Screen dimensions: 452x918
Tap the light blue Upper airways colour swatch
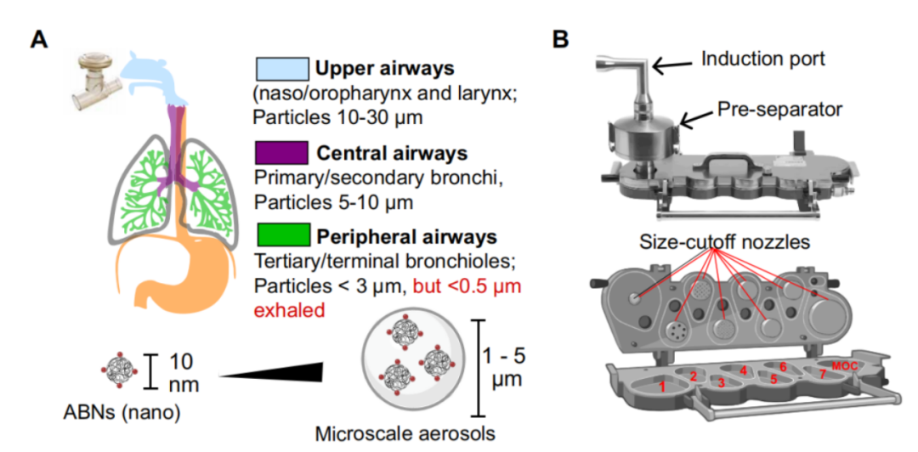click(x=280, y=69)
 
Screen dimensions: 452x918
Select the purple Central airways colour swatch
click(x=280, y=152)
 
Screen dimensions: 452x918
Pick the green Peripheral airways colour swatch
click(x=280, y=234)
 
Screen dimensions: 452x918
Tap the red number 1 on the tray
click(x=660, y=386)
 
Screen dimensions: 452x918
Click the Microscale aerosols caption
click(x=405, y=433)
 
